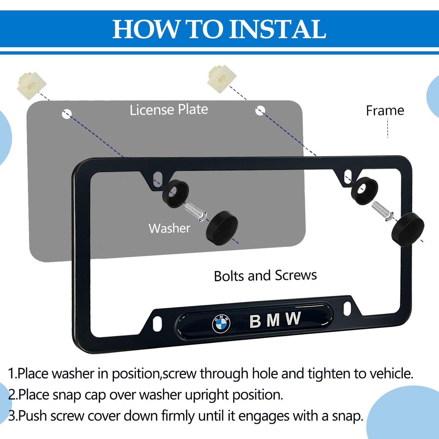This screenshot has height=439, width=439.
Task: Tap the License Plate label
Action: pyautogui.click(x=169, y=110)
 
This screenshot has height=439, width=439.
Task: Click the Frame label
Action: pyautogui.click(x=385, y=111)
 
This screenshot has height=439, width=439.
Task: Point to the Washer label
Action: pyautogui.click(x=169, y=228)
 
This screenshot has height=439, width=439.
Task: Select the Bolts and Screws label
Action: pyautogui.click(x=266, y=276)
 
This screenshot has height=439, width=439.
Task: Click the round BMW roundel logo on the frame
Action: pyautogui.click(x=221, y=324)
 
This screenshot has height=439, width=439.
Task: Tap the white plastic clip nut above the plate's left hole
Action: pyautogui.click(x=31, y=85)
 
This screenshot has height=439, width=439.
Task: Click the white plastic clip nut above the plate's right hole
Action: pyautogui.click(x=222, y=79)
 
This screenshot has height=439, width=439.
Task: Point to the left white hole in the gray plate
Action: pyautogui.click(x=67, y=114)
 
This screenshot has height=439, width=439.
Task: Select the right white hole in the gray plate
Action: pyautogui.click(x=260, y=111)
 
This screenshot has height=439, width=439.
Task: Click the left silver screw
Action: pyautogui.click(x=195, y=212)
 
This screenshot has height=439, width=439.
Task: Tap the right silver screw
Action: pyautogui.click(x=383, y=211)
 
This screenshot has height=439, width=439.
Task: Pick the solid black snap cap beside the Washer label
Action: pyautogui.click(x=222, y=228)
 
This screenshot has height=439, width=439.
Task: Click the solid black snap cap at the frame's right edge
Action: pyautogui.click(x=408, y=229)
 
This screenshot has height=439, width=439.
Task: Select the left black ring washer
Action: pyautogui.click(x=175, y=194)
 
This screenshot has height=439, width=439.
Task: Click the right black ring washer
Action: pyautogui.click(x=365, y=191)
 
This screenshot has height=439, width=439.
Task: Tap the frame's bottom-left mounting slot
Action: pyautogui.click(x=157, y=324)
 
